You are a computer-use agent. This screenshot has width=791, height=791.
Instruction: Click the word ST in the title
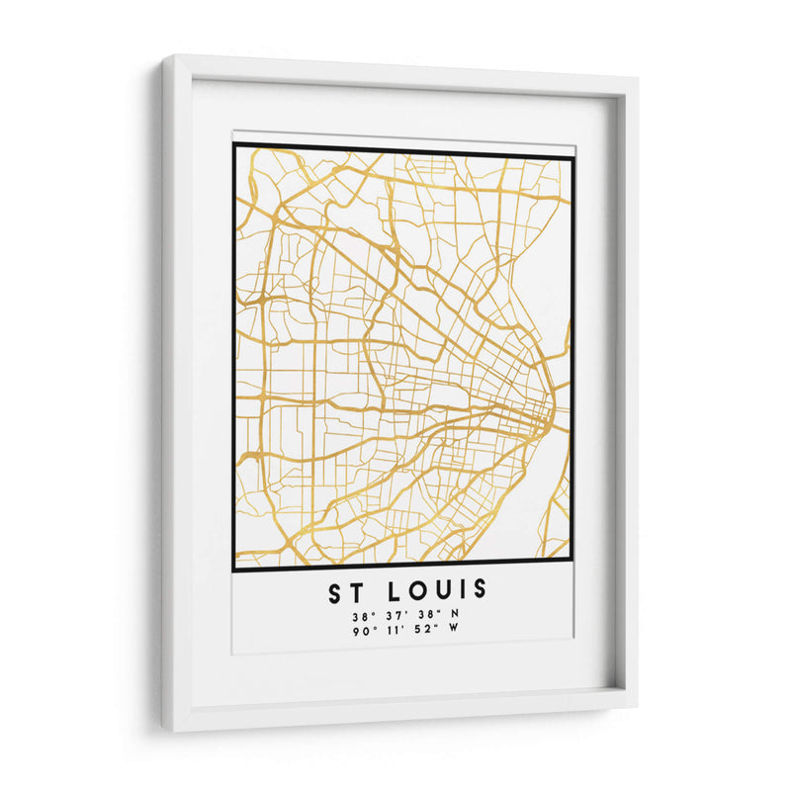[347, 591]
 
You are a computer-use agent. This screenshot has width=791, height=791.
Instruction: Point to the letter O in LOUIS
[415, 591]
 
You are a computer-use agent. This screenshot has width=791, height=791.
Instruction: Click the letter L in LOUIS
[393, 591]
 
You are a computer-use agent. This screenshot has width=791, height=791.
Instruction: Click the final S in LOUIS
[480, 591]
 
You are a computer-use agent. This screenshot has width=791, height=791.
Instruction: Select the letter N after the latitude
[456, 615]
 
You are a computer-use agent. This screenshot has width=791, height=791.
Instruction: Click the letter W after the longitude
[456, 630]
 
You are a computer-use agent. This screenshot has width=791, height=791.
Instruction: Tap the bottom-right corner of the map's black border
[572, 571]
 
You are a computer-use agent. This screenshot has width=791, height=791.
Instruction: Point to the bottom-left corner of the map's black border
[234, 571]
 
